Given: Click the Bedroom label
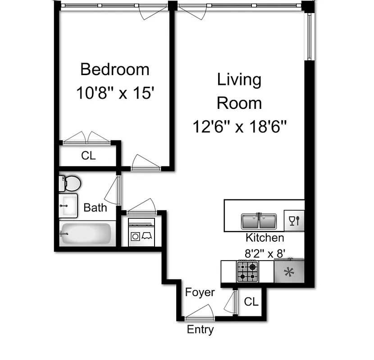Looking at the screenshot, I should point(114,70).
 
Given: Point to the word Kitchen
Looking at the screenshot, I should point(265,238).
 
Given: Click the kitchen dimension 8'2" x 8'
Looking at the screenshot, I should point(266,253).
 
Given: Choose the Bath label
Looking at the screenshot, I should point(96,207).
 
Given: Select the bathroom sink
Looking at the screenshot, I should point(68,206).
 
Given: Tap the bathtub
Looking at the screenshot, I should point(86,234).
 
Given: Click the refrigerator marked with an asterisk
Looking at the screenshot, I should point(289,272).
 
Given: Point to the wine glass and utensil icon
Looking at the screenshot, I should point(294,220).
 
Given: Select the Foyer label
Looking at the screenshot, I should point(200,292).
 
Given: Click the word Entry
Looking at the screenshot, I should point(200,330).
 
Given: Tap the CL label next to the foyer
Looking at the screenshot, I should point(251,302).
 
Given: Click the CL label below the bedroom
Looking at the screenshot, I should point(88,156).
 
